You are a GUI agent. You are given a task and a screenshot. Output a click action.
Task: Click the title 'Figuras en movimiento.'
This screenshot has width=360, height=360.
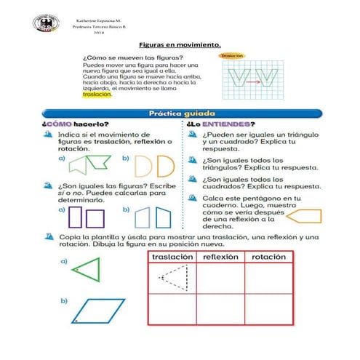[180, 44]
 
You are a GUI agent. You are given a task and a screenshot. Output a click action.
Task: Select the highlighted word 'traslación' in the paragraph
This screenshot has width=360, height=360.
[97, 94]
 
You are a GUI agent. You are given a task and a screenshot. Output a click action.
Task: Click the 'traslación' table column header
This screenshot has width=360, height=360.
[172, 257]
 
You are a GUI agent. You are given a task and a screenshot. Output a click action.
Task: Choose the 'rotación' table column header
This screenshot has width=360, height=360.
[268, 257]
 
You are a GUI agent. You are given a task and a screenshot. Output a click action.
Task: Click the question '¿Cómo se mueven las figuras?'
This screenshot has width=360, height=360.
[132, 57]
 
